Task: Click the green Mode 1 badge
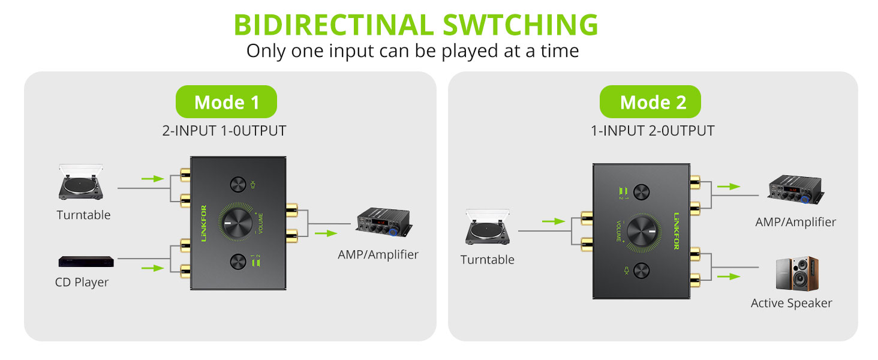(226, 101)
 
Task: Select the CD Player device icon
(86, 262)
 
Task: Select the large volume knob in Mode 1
(237, 224)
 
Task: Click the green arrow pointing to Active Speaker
(728, 276)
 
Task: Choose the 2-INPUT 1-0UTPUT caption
(224, 131)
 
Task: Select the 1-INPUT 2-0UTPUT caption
(653, 131)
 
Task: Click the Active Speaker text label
(791, 303)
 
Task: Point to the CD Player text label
(82, 282)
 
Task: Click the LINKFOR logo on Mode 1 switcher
(203, 224)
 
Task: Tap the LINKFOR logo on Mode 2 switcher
(676, 231)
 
